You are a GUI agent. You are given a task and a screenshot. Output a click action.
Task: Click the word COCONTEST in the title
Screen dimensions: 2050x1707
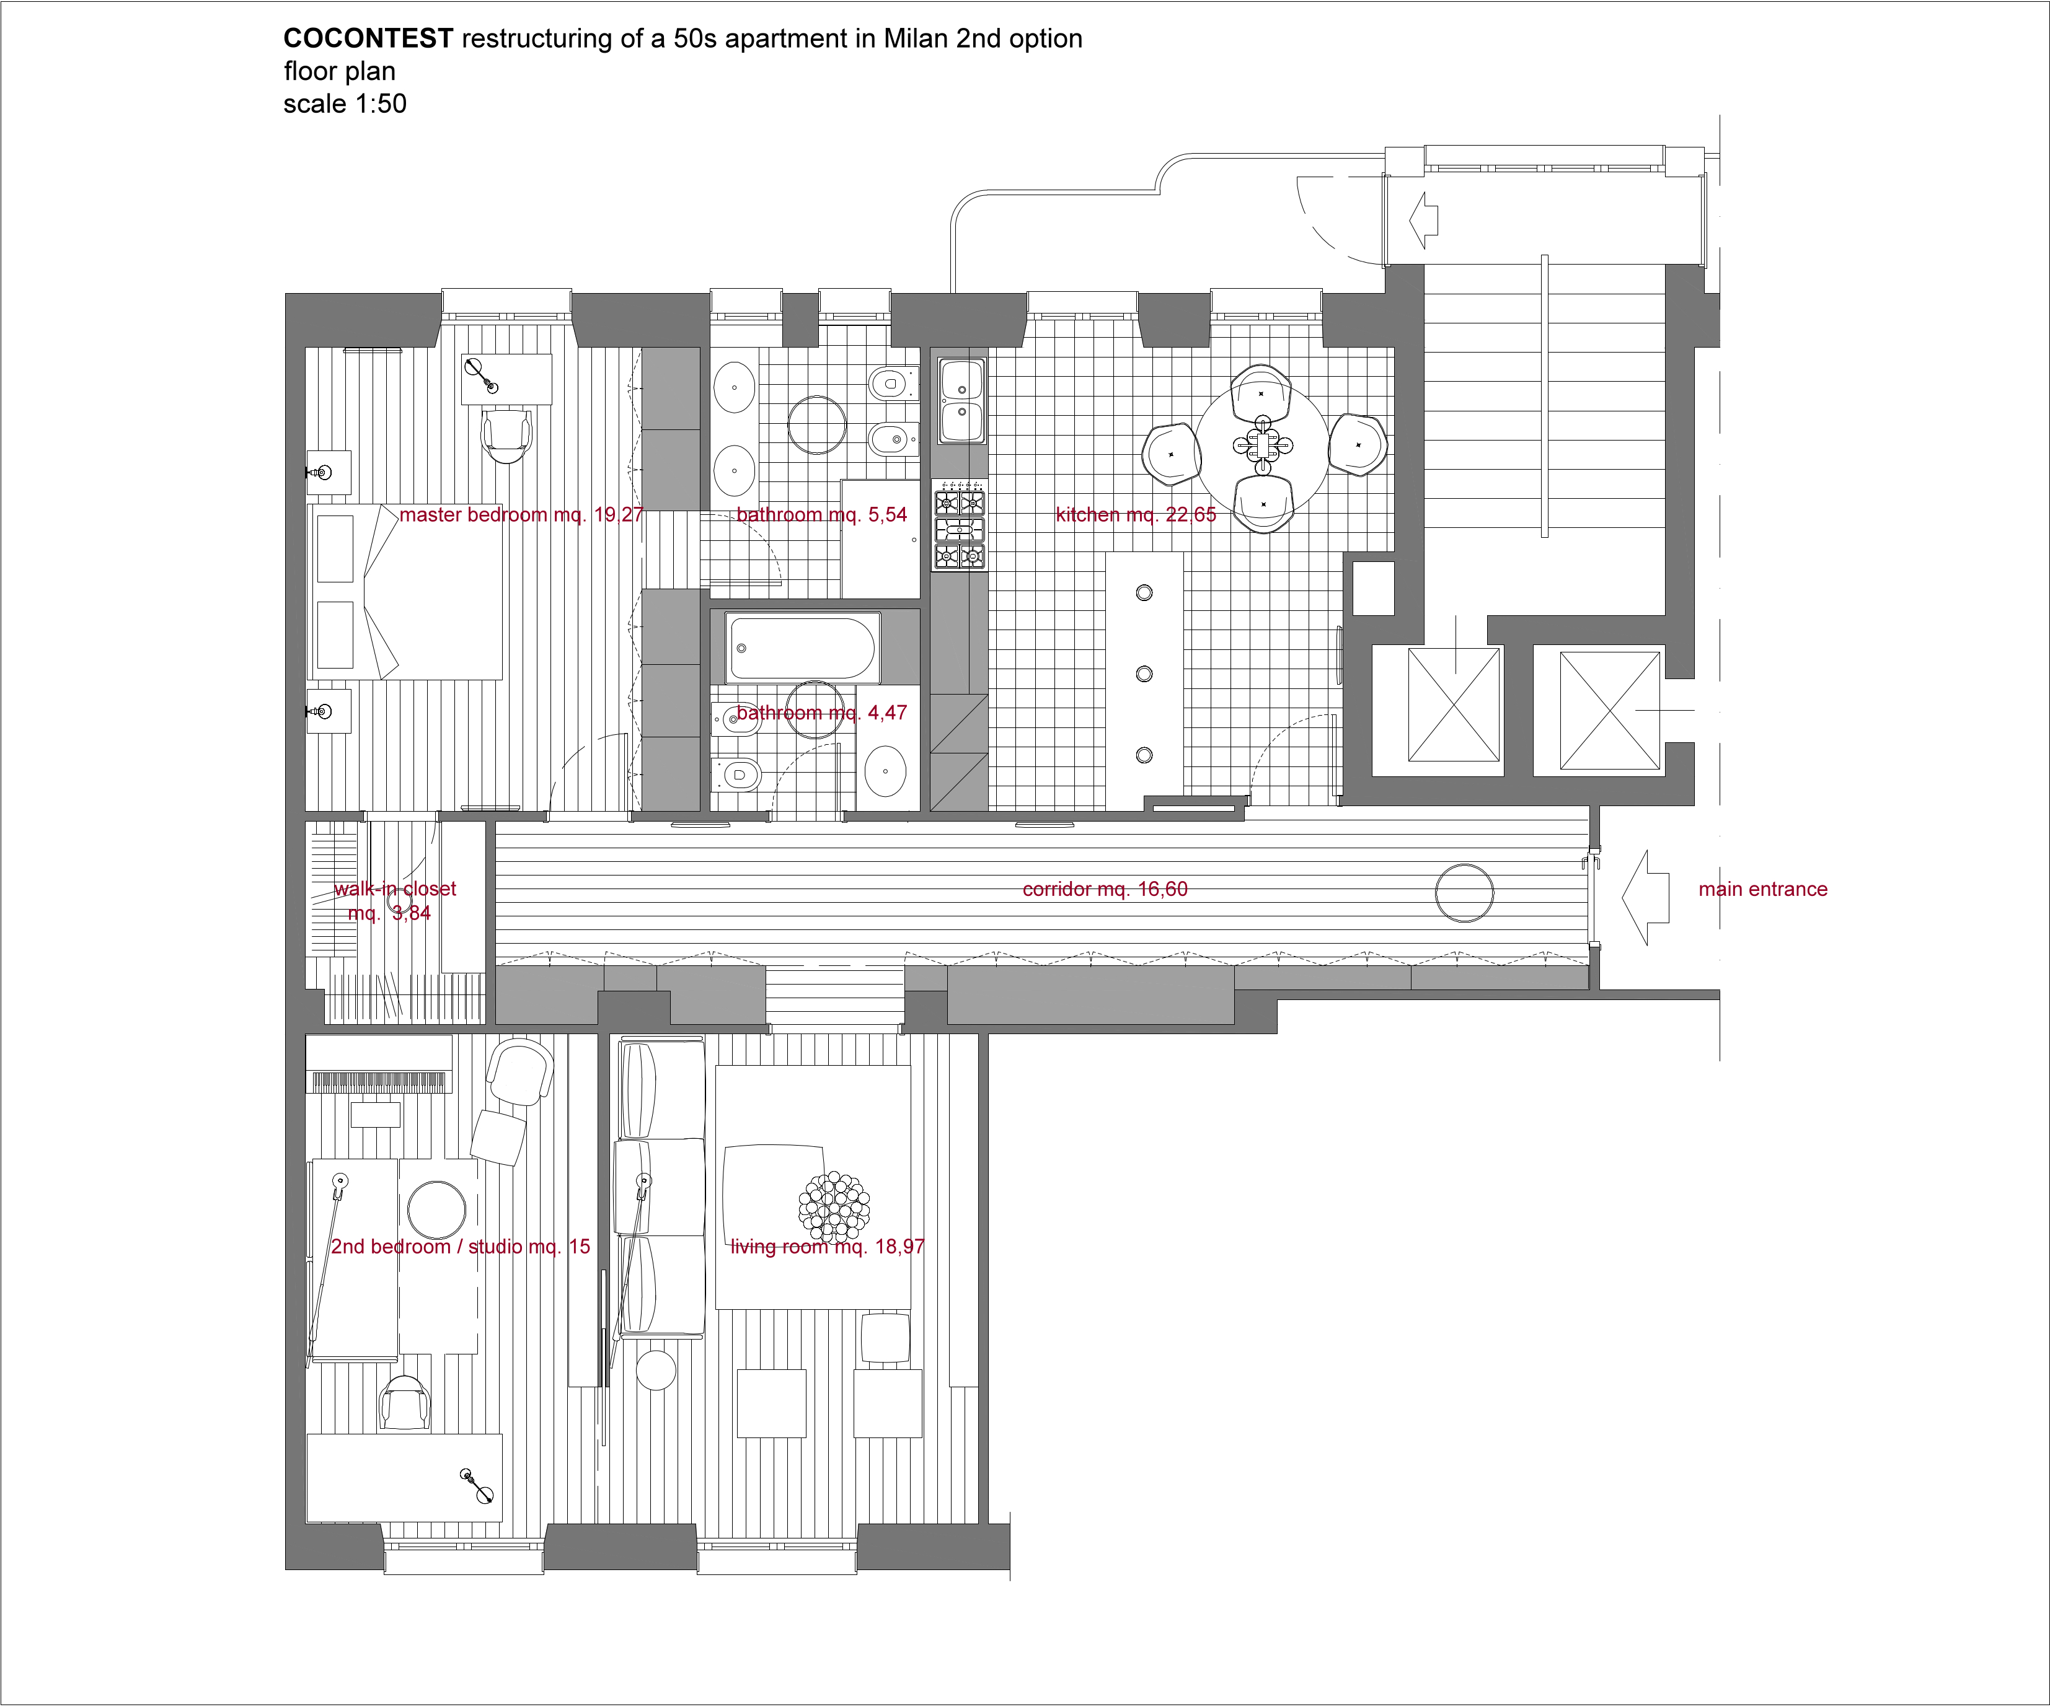[x=368, y=39]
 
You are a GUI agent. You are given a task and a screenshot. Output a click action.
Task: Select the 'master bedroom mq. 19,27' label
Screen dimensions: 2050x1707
[x=521, y=514]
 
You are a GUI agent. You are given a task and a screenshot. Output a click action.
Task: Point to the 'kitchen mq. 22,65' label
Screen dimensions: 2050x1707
[x=1135, y=514]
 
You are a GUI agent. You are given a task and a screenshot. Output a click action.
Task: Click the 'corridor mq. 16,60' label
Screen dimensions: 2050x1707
[x=1105, y=889]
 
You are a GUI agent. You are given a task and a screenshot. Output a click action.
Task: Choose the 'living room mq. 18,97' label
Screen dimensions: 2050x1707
[x=827, y=1247]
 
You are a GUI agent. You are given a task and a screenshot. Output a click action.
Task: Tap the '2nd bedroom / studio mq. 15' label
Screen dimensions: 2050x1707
[x=461, y=1247]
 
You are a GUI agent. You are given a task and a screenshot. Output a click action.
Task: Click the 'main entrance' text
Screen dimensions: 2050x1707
[x=1763, y=889]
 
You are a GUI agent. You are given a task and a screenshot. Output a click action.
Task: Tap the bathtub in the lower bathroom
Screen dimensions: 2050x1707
[x=802, y=647]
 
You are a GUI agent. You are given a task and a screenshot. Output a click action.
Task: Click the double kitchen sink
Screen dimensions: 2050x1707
[x=961, y=400]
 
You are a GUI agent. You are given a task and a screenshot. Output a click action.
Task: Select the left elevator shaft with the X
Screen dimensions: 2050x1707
[x=1454, y=704]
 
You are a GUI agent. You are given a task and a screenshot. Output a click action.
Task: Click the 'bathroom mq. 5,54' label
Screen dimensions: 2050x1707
[x=822, y=514]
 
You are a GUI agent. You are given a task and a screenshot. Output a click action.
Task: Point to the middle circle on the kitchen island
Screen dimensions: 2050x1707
[x=1145, y=674]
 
